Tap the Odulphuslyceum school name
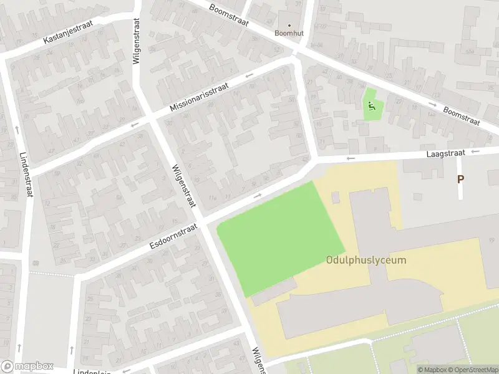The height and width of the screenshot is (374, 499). (x=366, y=260)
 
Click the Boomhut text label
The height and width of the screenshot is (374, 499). (x=288, y=32)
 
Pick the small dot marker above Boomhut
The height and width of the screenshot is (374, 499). (x=289, y=25)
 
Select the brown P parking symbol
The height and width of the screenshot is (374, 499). (x=460, y=179)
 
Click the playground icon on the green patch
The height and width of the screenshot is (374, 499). (x=372, y=107)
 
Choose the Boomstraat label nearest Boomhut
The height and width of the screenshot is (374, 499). (x=228, y=16)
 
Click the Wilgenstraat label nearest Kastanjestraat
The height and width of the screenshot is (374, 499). (x=137, y=41)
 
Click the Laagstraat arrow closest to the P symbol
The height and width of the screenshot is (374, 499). (x=477, y=151)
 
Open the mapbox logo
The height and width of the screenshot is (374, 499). (x=27, y=367)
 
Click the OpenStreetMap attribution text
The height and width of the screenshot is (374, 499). (x=472, y=370)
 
